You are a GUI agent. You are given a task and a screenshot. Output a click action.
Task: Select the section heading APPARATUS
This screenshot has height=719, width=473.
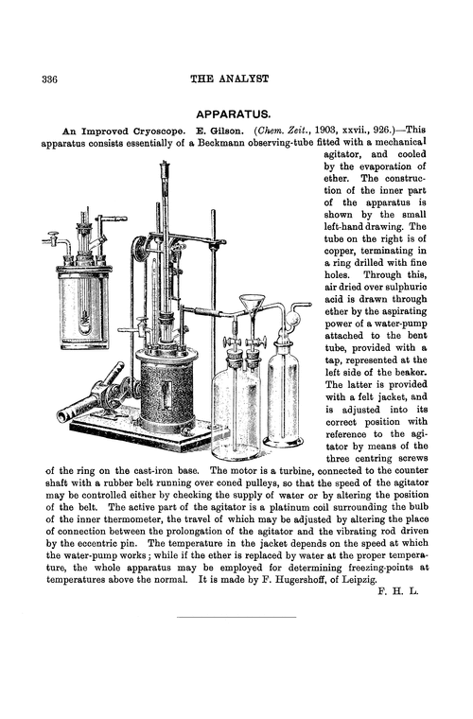(x=236, y=111)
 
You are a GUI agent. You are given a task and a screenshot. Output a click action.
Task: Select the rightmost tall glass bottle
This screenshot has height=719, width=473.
(x=284, y=388)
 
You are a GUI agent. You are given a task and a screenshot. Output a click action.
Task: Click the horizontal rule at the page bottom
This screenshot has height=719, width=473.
(x=236, y=617)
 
